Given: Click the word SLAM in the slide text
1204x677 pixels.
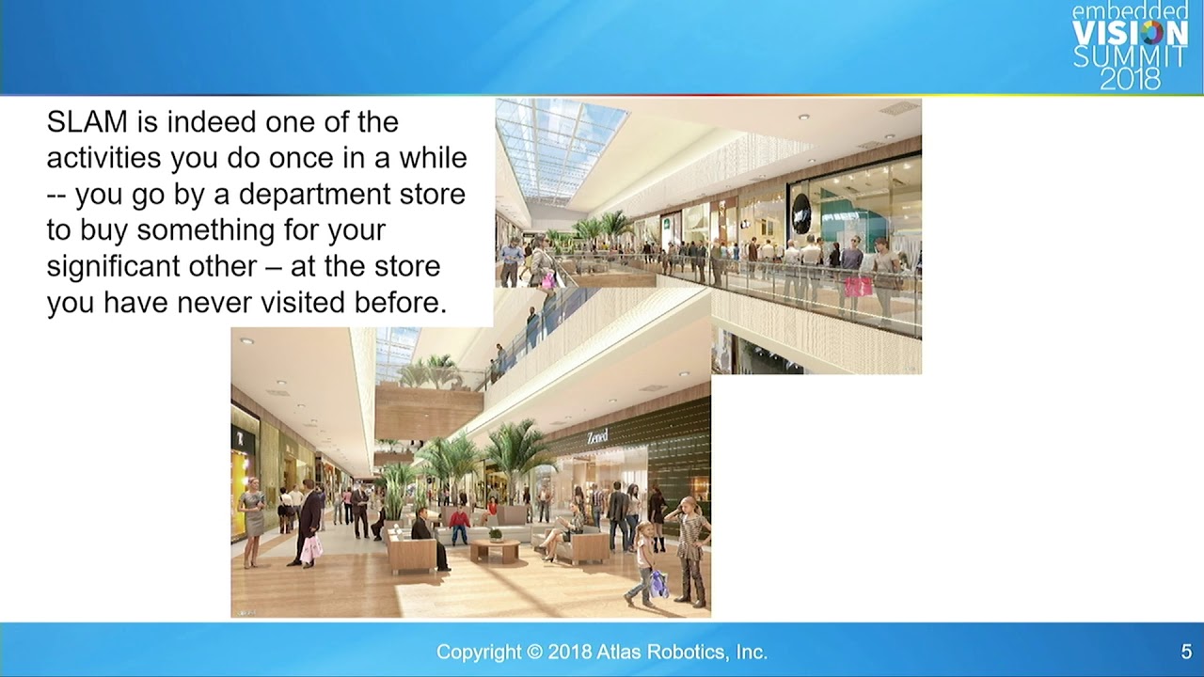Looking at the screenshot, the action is (x=87, y=122).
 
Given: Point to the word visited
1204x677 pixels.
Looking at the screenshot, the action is (x=303, y=303).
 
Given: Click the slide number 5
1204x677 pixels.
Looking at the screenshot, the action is (x=1186, y=652).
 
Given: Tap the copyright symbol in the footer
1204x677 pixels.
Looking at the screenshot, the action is (x=534, y=652).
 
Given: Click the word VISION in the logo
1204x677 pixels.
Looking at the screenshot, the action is (x=1130, y=33).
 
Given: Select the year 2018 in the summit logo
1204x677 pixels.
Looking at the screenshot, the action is (x=1130, y=80).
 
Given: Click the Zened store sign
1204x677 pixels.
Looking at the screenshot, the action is (x=597, y=437).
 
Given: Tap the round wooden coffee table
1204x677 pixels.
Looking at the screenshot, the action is (x=495, y=550).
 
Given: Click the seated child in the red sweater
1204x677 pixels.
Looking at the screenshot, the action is (x=459, y=525).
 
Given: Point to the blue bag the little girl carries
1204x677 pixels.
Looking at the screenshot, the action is (x=659, y=584).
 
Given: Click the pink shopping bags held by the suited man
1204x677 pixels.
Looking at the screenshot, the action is (x=311, y=549).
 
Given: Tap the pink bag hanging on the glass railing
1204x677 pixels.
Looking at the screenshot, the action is (x=859, y=288).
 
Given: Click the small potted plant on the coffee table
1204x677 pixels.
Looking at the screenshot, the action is (x=495, y=535).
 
